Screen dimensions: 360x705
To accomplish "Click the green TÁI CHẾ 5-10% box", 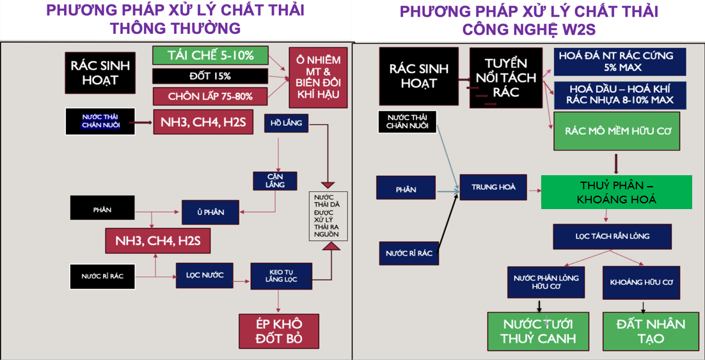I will point(210,56).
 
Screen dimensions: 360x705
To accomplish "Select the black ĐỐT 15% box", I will point(210,76).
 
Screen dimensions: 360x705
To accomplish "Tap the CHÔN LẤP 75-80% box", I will point(210,97).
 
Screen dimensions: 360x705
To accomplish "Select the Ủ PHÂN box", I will point(210,212).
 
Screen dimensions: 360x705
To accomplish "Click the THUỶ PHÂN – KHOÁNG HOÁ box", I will point(616,192).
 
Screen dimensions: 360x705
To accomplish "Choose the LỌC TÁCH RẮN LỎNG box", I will point(612,237).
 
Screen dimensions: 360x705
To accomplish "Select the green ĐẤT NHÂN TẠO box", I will point(650,331).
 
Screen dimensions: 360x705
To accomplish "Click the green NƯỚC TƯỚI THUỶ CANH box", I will point(529,331).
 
